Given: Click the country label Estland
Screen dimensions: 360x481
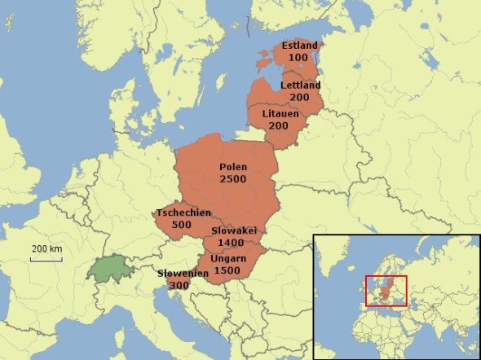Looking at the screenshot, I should (x=301, y=45).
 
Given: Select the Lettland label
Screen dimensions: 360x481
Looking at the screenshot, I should (x=300, y=86).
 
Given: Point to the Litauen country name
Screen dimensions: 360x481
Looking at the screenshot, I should (x=281, y=113).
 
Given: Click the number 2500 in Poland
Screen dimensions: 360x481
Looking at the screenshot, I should (x=233, y=178).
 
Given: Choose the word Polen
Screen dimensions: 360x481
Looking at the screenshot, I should (x=233, y=167).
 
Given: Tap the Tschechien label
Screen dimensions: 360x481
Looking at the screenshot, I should (x=183, y=213).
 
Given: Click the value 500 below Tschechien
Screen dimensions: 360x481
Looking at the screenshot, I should (x=182, y=225).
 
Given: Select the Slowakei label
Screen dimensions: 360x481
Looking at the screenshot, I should (x=234, y=230).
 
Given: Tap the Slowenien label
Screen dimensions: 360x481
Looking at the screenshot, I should (x=183, y=274).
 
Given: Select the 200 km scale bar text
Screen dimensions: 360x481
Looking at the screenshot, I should (x=47, y=248).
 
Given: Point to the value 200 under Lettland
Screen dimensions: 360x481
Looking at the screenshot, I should (x=300, y=97).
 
